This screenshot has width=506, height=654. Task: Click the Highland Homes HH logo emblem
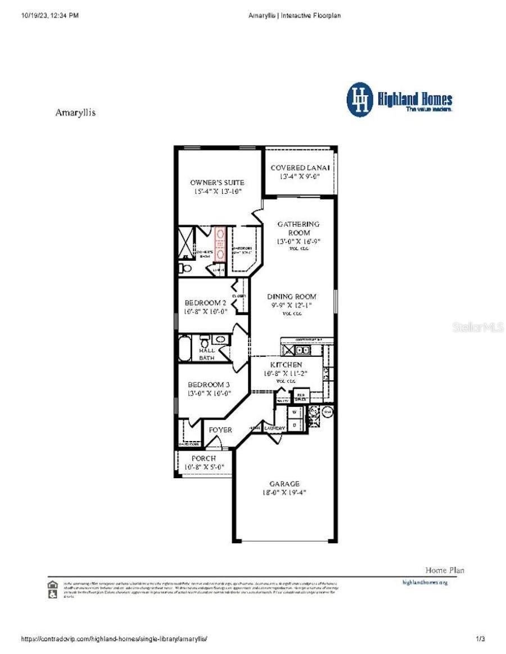[360, 99]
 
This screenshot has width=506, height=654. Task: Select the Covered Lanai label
[300, 168]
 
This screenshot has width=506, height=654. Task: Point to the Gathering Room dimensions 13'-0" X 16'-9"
[299, 241]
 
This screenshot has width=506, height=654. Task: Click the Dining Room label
[291, 297]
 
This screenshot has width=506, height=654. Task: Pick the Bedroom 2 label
[205, 303]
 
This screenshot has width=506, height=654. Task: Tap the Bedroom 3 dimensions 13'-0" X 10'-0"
[209, 393]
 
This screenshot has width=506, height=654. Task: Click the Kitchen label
[286, 365]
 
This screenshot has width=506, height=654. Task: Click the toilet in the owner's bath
[185, 268]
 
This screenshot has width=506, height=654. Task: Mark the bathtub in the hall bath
[184, 348]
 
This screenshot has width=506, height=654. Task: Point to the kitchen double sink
[302, 351]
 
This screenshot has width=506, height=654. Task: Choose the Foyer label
[220, 430]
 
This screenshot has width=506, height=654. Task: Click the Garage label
[284, 483]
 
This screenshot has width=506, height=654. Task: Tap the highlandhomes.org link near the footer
[425, 583]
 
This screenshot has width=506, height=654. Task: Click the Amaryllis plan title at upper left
[75, 112]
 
